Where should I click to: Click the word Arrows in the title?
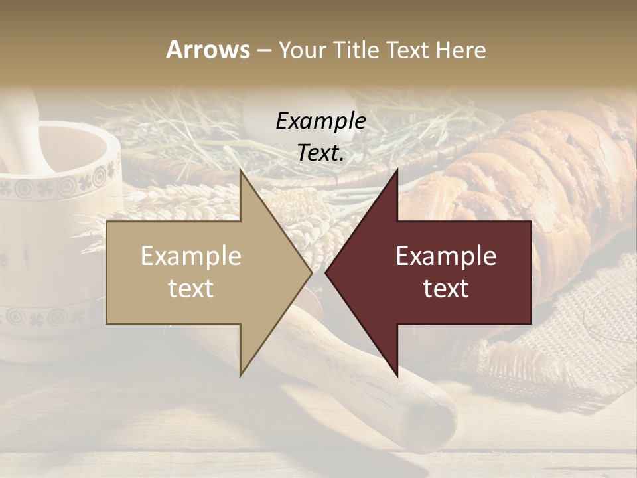click(208, 50)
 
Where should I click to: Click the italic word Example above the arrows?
click(320, 121)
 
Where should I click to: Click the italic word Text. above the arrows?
click(320, 153)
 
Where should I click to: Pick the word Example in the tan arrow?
click(190, 256)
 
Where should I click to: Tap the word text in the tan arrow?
click(190, 288)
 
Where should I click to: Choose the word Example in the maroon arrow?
click(446, 256)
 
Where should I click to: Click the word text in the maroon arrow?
click(446, 288)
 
